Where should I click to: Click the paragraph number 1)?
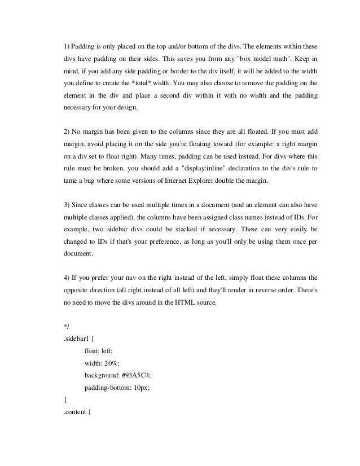point(67,45)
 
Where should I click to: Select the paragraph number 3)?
point(67,204)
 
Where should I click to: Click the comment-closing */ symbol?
point(67,326)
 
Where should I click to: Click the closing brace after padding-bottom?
point(66,399)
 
